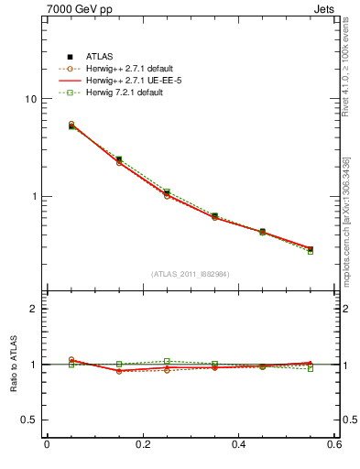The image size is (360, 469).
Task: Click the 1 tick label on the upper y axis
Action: click(34, 197)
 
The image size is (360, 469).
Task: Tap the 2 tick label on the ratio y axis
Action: click(34, 310)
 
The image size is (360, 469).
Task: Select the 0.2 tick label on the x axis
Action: click(142, 445)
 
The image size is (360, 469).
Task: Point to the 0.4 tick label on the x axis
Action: click(239, 445)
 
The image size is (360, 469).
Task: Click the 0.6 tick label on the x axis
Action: click(334, 445)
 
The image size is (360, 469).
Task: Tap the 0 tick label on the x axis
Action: click(47, 445)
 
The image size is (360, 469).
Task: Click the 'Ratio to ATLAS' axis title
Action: click(13, 365)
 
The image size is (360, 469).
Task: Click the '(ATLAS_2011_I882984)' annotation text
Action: click(191, 274)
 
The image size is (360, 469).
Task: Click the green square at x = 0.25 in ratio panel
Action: click(167, 361)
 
